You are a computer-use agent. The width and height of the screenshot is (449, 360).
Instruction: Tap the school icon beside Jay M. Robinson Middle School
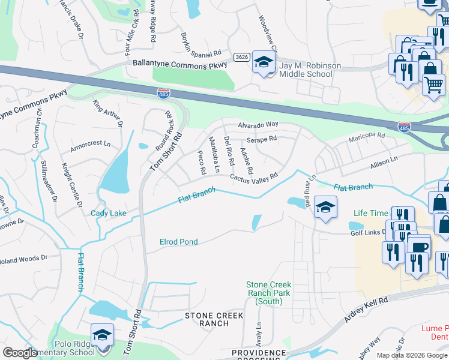click(x=264, y=63)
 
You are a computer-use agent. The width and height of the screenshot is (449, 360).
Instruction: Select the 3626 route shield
click(x=242, y=57)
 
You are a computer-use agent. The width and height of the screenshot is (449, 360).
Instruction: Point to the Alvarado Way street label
click(x=258, y=124)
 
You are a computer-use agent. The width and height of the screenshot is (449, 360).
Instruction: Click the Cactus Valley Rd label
click(x=253, y=178)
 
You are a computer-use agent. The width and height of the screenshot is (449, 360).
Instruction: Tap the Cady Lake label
click(x=108, y=213)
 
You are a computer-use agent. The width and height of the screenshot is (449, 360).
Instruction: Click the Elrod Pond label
click(x=178, y=242)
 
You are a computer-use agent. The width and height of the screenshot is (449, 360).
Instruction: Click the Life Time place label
click(x=371, y=213)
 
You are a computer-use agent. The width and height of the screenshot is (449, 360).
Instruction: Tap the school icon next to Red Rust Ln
click(x=325, y=208)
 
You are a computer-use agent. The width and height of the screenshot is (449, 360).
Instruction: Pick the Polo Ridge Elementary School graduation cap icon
click(x=102, y=335)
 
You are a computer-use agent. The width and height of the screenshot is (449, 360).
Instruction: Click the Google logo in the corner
click(x=20, y=353)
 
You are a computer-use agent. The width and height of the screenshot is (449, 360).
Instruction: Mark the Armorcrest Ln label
click(x=91, y=145)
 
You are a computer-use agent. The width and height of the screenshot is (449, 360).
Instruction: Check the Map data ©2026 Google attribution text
click(x=411, y=355)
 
